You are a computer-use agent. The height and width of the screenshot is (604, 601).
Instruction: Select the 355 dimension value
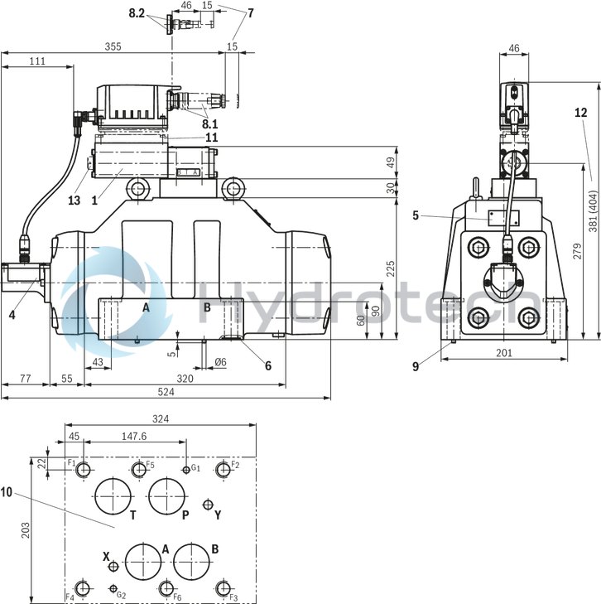coord(113,47)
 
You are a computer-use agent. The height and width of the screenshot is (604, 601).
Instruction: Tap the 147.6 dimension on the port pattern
coord(132,436)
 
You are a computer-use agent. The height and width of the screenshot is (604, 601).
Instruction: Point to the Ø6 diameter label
coord(220,363)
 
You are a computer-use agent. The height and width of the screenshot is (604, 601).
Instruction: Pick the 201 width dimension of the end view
coord(504,353)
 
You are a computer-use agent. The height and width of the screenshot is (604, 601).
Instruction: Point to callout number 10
coord(7,492)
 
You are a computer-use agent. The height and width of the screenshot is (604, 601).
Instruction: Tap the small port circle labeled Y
coord(208,505)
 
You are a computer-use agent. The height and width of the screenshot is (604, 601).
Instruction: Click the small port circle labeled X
coord(114,566)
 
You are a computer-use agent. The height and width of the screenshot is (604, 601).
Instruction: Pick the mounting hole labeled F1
coord(84,471)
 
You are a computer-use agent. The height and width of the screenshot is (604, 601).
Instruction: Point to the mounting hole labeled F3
coord(222,588)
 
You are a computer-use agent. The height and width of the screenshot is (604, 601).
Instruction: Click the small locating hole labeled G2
coord(113,588)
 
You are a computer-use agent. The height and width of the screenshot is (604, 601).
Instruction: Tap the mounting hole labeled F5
coord(138,471)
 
